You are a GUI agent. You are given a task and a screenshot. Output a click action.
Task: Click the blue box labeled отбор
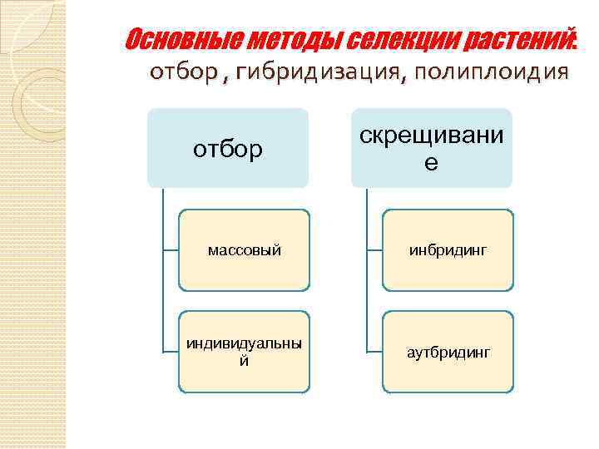tap(228, 148)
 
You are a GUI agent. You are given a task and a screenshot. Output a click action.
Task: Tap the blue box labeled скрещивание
tap(431, 148)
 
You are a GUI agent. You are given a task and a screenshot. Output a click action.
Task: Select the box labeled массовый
tap(245, 249)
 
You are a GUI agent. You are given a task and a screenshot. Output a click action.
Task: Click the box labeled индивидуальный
tap(245, 352)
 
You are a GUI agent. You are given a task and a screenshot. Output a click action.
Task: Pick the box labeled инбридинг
tap(448, 249)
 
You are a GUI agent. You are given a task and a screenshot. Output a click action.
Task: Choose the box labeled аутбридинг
tap(448, 352)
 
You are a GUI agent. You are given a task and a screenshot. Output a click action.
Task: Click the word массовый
tap(245, 249)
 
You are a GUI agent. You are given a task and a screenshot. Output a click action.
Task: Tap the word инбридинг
tap(448, 249)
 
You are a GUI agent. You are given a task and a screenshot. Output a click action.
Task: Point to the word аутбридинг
tap(448, 353)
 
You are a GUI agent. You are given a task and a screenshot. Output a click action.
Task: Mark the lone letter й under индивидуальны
tap(244, 361)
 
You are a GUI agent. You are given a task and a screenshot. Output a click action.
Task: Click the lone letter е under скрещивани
tap(431, 163)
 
